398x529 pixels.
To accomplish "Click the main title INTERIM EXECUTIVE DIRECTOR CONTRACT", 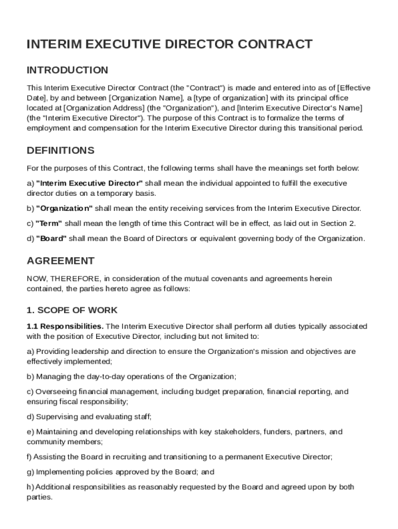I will click(x=170, y=44).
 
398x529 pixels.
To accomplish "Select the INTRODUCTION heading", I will click(x=67, y=70).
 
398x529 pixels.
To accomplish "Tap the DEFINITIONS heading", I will click(x=60, y=151).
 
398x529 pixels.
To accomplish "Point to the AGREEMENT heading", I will click(x=60, y=261).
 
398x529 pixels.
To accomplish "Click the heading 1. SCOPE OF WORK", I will click(x=72, y=310).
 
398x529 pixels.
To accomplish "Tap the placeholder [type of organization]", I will click(x=231, y=98).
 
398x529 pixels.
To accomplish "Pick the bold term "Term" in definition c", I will click(x=49, y=223).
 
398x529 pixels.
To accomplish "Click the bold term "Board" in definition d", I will click(x=51, y=238).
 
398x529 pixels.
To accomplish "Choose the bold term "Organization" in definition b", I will click(x=64, y=208).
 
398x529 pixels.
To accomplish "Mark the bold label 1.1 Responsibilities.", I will click(x=65, y=326).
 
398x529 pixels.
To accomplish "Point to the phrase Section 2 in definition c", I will click(x=338, y=223).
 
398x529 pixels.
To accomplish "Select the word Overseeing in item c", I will click(x=54, y=392).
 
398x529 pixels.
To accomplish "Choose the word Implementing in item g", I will click(x=58, y=472).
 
